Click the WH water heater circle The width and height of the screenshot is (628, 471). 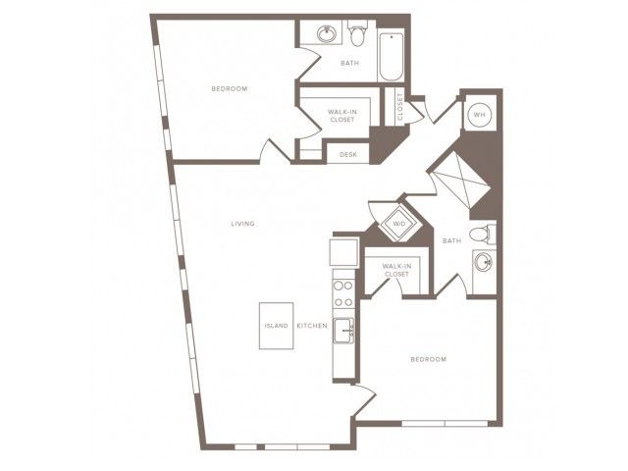(x=480, y=115)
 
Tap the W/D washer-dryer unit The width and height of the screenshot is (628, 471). (x=399, y=224)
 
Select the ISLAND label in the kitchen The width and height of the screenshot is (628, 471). (x=277, y=326)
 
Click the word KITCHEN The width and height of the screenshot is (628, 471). (x=312, y=326)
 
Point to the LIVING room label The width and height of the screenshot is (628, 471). (x=242, y=224)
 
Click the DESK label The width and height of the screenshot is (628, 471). (x=348, y=154)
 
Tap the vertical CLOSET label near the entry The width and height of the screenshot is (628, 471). (x=399, y=107)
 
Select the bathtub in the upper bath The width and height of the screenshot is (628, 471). (x=392, y=57)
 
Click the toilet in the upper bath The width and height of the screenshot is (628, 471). (x=356, y=32)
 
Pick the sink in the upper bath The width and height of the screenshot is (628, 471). (x=327, y=34)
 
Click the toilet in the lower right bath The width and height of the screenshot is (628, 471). (x=483, y=234)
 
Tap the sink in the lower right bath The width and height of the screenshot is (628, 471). (x=483, y=263)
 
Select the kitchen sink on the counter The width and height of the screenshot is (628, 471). (x=343, y=331)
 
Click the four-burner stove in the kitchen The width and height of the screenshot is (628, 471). (x=343, y=293)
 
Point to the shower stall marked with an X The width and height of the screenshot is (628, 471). (x=459, y=184)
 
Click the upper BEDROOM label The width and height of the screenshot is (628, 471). (x=230, y=88)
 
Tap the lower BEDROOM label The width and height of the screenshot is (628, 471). (x=429, y=359)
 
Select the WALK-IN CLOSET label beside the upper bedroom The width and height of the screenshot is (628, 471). (x=342, y=116)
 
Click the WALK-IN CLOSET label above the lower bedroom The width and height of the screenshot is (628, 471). (x=396, y=270)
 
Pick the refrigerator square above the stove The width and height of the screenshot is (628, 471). (x=343, y=252)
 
